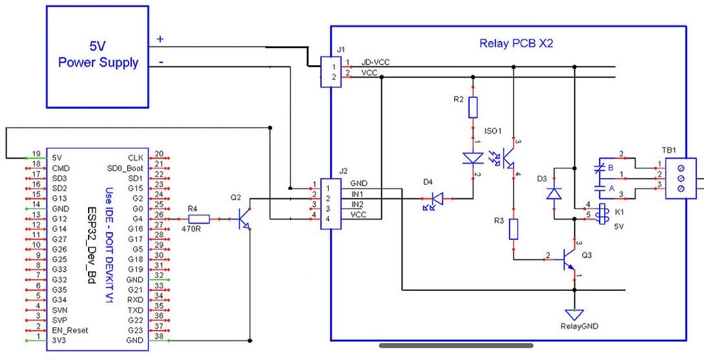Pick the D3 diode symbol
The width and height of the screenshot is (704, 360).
coord(555,193)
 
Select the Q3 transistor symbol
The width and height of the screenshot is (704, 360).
coord(570,260)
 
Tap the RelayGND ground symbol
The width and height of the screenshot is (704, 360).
coord(575,314)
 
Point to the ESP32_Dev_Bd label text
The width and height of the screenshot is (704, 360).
coord(93,247)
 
